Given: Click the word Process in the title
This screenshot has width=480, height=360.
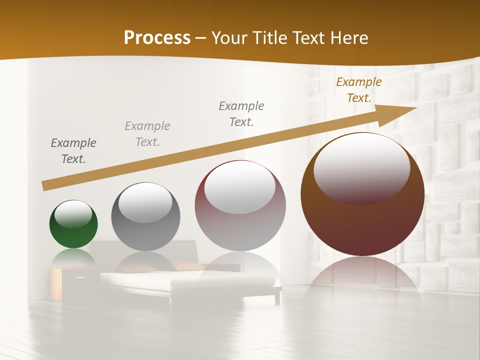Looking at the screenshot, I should pyautogui.click(x=157, y=37).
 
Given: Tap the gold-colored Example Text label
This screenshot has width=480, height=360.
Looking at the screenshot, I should pyautogui.click(x=358, y=90).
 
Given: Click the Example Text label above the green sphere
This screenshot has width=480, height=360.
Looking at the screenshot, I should pyautogui.click(x=73, y=151).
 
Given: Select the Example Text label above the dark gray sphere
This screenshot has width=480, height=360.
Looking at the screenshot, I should pyautogui.click(x=147, y=134).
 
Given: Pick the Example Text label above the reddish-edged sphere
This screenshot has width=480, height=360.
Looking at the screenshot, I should pyautogui.click(x=241, y=113).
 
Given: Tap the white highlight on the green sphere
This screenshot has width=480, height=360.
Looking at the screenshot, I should pyautogui.click(x=73, y=214).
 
